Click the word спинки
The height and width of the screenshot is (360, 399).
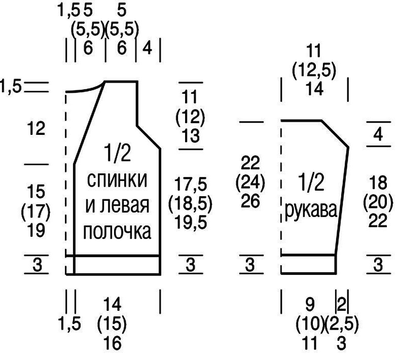point(117,180)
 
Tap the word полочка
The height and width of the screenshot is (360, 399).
point(117,232)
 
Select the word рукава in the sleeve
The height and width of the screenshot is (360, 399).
point(311,211)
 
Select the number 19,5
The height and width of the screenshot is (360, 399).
point(191,223)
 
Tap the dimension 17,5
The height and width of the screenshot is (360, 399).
point(191,184)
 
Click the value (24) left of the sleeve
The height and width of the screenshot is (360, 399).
point(250,182)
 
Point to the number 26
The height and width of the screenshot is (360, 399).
point(250,201)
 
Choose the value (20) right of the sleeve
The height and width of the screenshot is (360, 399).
point(378,202)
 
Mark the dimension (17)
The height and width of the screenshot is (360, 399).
point(36,211)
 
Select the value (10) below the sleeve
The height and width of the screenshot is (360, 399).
point(310,323)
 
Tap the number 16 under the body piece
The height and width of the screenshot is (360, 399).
point(113,343)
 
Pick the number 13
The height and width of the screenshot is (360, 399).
point(191,135)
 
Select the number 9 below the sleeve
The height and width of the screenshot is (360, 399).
point(310,305)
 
